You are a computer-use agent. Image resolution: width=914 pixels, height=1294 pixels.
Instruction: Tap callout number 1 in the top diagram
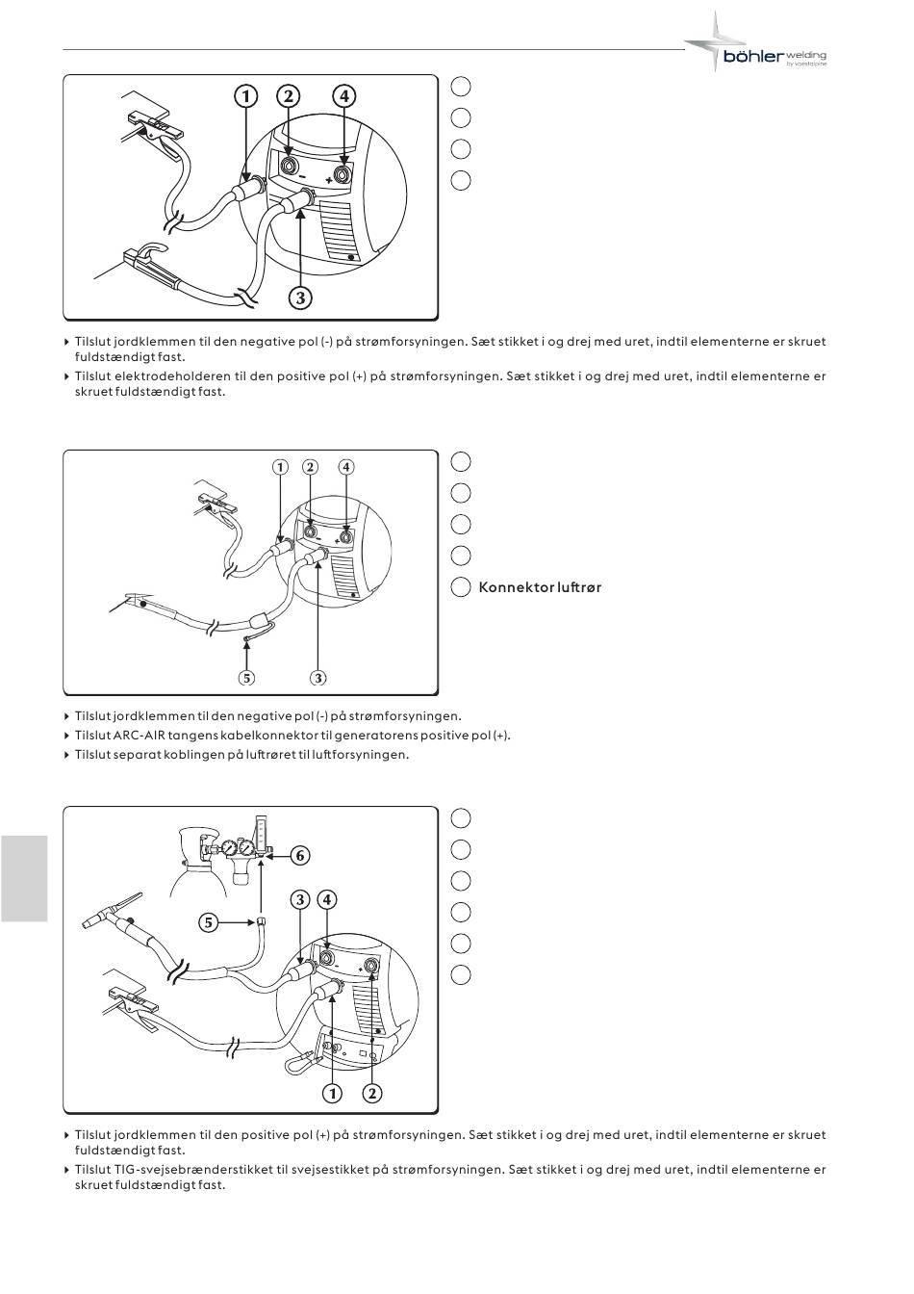coord(245,96)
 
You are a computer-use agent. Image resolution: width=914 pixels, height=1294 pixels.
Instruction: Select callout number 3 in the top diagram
coord(300,298)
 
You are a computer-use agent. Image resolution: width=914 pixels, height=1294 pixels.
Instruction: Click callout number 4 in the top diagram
coord(343,96)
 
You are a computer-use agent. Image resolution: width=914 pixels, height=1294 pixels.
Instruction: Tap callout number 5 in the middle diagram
coord(248,678)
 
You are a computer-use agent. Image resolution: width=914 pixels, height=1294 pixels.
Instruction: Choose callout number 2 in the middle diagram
coord(310,467)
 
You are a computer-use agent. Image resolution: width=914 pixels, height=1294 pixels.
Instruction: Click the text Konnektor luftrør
coord(540,586)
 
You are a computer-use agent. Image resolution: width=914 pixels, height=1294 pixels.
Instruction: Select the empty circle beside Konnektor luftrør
coord(461,586)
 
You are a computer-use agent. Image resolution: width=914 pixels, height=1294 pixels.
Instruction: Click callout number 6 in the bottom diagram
coord(299,855)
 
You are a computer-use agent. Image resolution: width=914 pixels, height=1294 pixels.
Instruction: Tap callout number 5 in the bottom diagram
coord(208,922)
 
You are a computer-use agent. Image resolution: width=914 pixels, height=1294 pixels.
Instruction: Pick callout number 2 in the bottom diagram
coord(372,1093)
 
